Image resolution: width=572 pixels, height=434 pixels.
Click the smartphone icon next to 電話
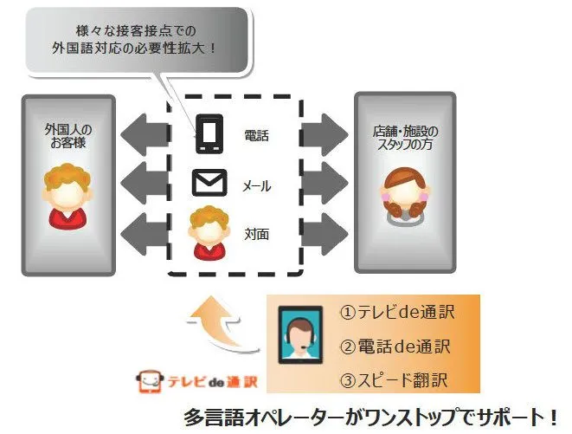tap(209, 133)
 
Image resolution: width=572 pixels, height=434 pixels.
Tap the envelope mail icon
tap(209, 183)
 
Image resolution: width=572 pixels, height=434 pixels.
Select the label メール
tap(257, 186)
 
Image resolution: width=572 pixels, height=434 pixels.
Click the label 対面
tap(257, 234)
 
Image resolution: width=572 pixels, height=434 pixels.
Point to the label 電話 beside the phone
tap(257, 136)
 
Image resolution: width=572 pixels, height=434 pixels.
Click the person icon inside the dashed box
tap(209, 233)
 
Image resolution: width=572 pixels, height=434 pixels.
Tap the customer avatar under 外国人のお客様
tap(67, 197)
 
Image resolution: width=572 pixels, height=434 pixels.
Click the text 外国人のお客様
tap(68, 136)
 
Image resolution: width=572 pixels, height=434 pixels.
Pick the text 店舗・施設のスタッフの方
tap(405, 138)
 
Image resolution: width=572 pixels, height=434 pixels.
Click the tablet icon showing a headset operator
tap(300, 335)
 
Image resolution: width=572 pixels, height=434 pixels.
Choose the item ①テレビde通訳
tap(397, 313)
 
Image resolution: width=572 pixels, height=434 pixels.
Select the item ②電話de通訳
tap(395, 347)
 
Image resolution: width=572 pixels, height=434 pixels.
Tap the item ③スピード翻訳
tap(394, 380)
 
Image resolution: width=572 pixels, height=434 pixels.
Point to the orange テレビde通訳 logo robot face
tap(149, 382)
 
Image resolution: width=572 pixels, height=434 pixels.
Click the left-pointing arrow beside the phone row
tap(145, 134)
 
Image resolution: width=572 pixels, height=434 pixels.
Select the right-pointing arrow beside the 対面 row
tap(325, 234)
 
